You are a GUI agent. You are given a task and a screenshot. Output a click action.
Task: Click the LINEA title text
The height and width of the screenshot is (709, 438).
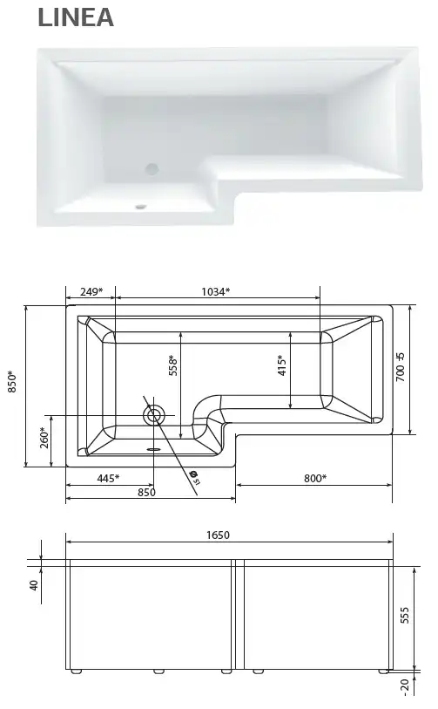(76, 18)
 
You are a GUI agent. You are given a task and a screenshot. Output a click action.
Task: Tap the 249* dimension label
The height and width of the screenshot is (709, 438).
(90, 291)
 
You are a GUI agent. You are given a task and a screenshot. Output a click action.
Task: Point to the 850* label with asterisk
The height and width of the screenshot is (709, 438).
(13, 386)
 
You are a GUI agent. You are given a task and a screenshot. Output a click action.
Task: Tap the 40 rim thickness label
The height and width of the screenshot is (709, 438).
(34, 585)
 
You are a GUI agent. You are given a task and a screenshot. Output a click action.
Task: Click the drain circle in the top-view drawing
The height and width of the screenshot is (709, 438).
(155, 415)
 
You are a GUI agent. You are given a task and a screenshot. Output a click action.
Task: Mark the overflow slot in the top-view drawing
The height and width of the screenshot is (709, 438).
(155, 450)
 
